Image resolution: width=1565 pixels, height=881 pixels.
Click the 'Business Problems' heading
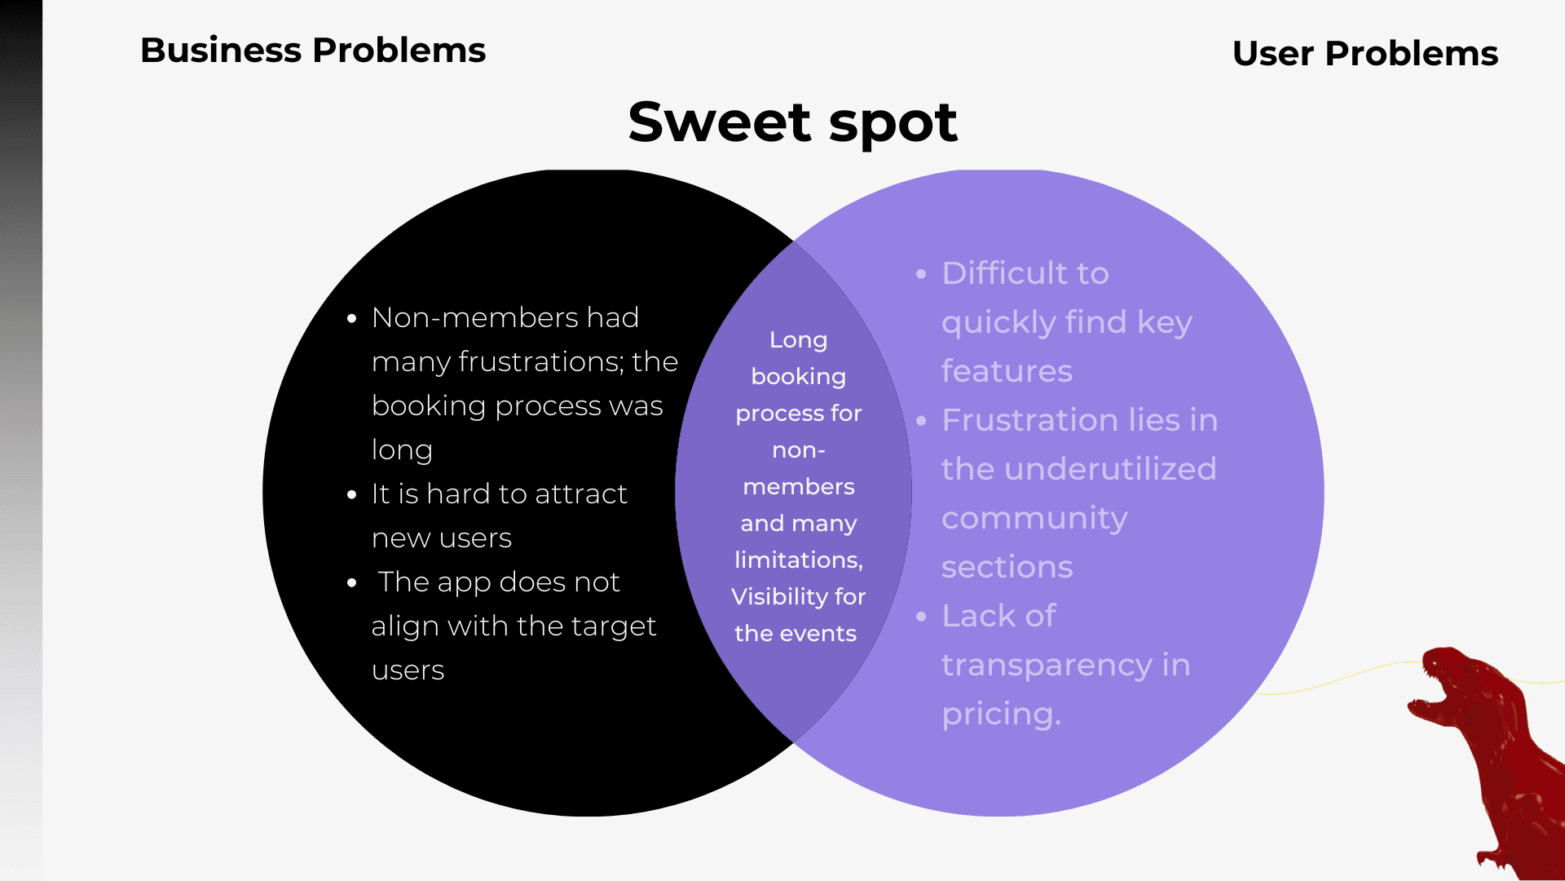pos(313,51)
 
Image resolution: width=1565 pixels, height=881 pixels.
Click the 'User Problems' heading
pos(1364,54)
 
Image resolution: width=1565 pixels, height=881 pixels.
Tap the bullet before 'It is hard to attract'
pos(352,494)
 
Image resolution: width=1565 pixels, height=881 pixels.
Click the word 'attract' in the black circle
pos(581,494)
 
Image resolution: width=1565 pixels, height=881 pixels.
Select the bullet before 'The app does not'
pos(352,582)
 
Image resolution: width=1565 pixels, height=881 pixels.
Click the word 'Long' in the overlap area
pos(798,340)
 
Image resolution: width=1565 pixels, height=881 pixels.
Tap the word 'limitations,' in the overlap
pos(798,560)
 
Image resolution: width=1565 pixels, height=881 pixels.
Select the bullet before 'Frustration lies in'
pos(922,421)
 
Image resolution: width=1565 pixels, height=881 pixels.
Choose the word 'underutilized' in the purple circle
pos(1110,469)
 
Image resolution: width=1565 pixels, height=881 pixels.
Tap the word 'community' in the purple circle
pos(1034,519)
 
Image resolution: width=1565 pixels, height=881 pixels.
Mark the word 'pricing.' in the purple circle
pos(1001,715)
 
